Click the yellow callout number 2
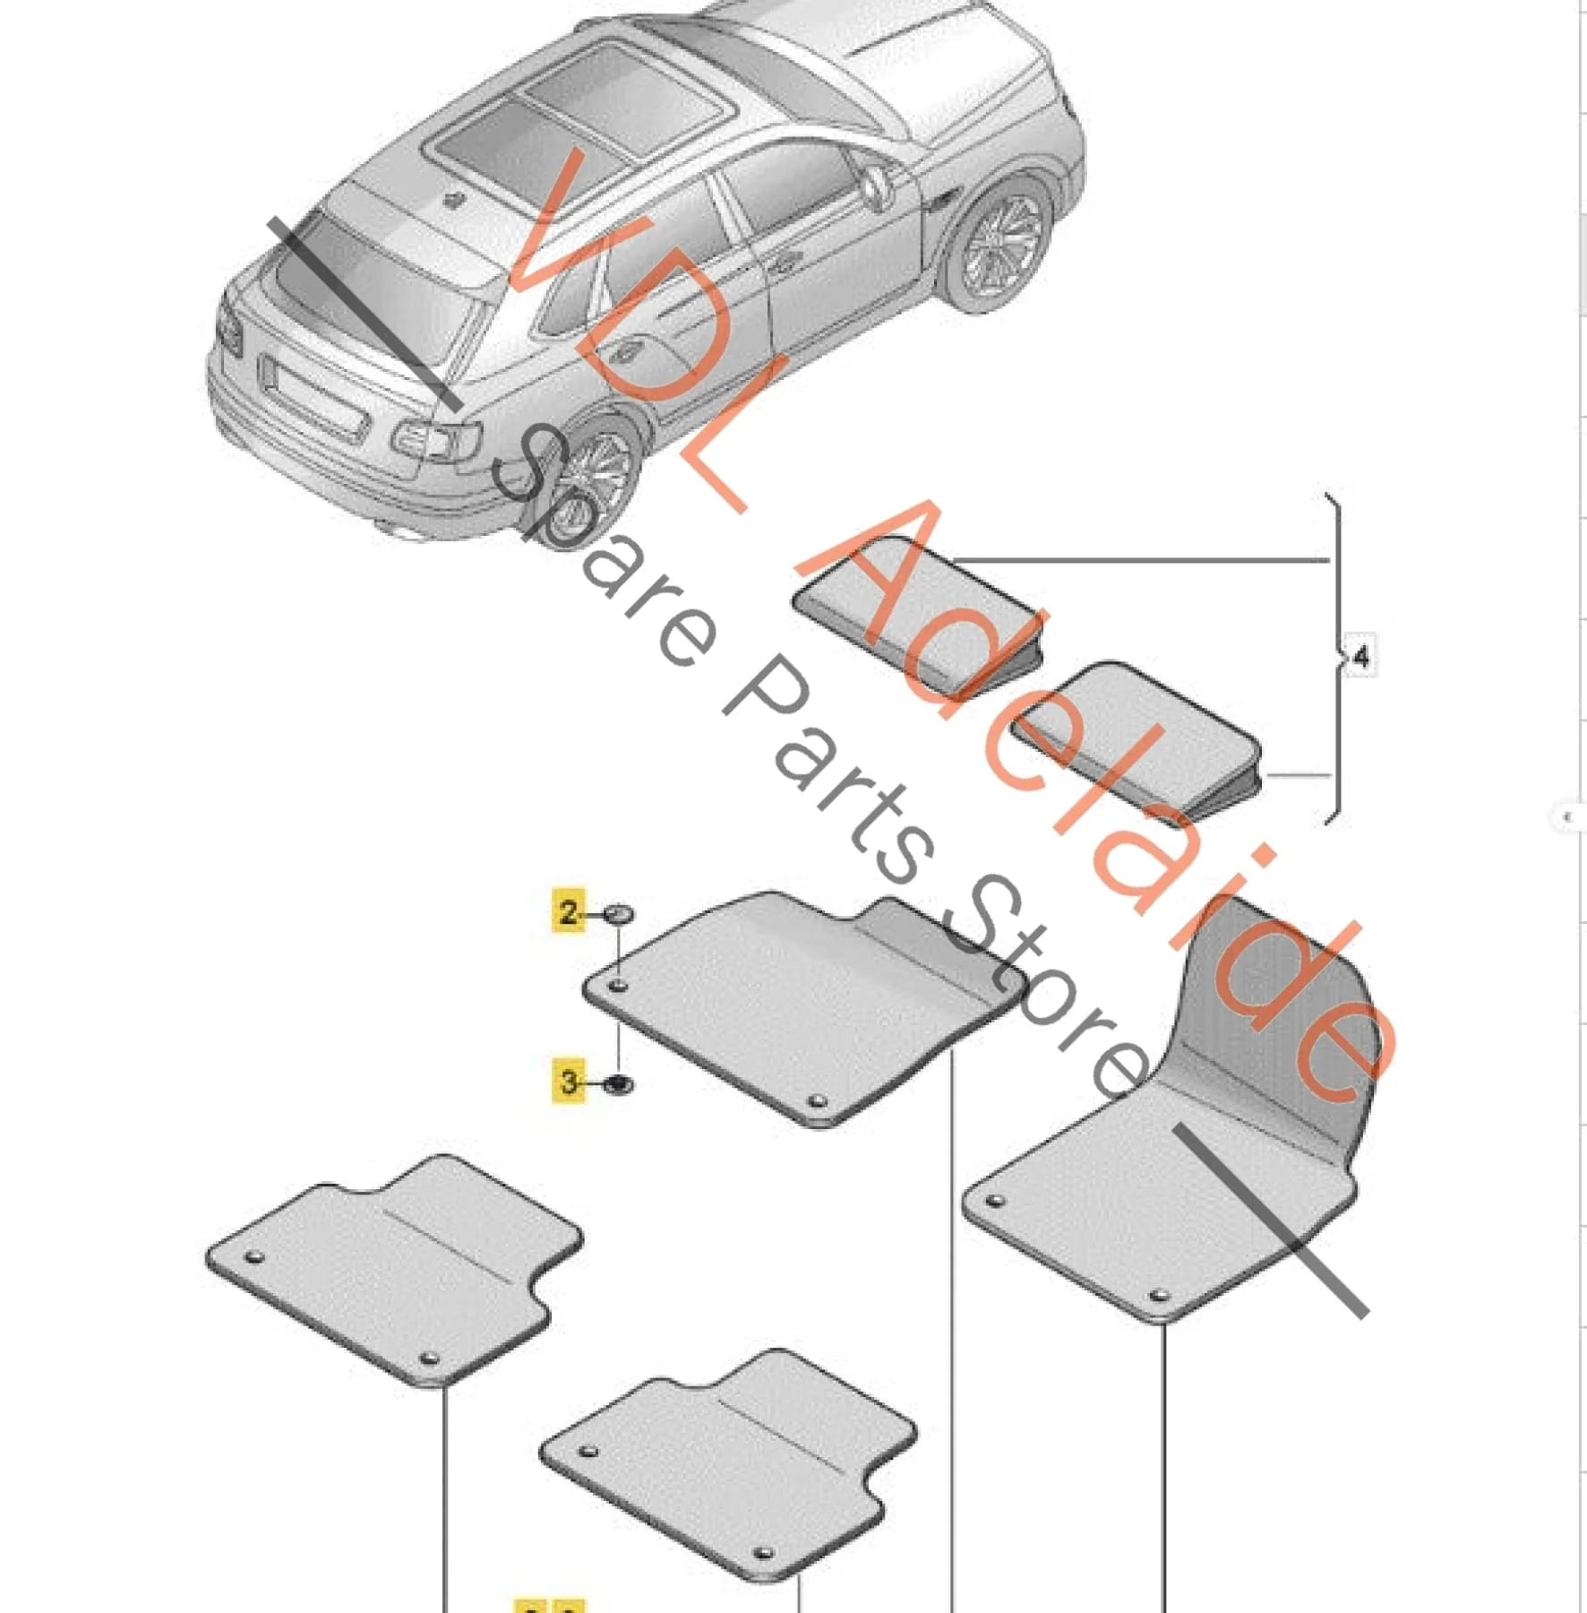point(569,912)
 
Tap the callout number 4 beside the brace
point(1360,657)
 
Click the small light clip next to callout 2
point(619,914)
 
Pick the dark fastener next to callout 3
point(619,1084)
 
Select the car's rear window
point(376,287)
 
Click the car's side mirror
point(875,187)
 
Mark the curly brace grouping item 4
point(1334,657)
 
